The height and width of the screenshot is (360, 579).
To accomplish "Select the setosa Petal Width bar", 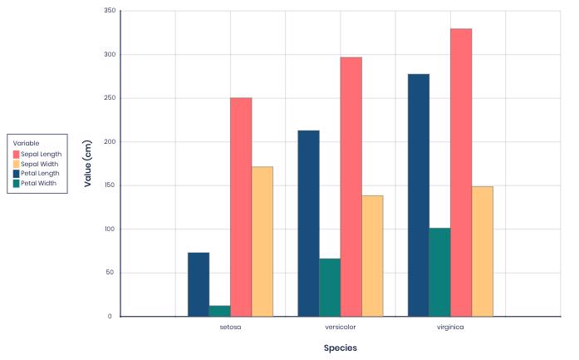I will point(220,311).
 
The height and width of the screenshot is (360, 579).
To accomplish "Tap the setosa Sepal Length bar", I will point(241,207).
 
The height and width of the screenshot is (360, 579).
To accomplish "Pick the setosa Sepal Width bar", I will point(263,241).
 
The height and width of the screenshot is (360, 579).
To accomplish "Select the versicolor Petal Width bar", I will point(330,287).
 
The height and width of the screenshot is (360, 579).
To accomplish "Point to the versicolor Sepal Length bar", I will point(351,186).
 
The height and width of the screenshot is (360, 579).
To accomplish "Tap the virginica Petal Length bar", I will point(419,195).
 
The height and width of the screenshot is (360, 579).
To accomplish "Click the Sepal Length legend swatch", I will point(16,154).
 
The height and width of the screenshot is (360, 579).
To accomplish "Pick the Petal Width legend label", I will point(38,183).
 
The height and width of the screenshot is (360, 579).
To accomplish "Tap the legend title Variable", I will point(26,143).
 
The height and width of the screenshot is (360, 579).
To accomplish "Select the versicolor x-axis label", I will point(341,328).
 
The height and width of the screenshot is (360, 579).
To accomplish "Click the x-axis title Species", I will point(341,348).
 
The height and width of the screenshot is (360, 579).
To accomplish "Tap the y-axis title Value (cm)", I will point(88,164).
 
